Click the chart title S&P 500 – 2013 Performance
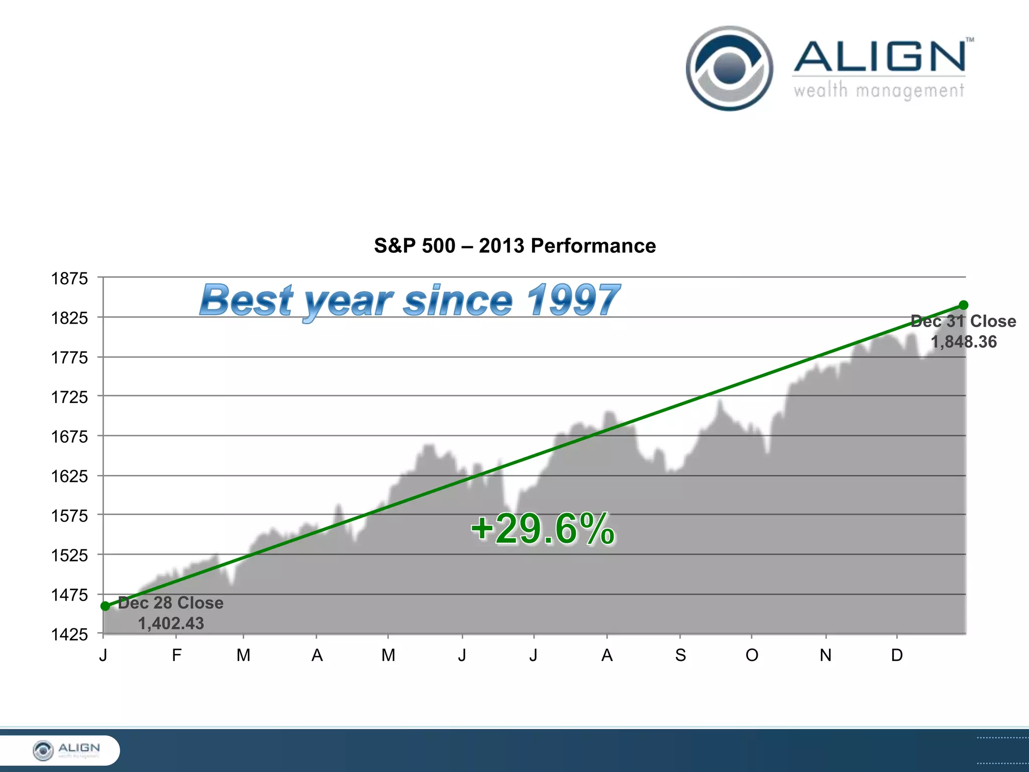click(514, 246)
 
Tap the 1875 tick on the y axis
click(69, 278)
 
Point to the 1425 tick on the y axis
click(69, 634)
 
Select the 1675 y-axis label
click(69, 437)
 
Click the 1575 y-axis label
click(69, 516)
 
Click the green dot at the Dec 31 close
click(963, 305)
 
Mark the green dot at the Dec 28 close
click(106, 606)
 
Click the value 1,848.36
click(963, 342)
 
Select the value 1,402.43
click(171, 623)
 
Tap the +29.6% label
click(543, 529)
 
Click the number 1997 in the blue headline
click(573, 300)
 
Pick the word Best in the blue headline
click(246, 300)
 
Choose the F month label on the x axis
click(176, 655)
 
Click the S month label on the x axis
click(680, 655)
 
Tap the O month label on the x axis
click(752, 655)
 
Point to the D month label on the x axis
click(897, 655)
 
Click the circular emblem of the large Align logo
click(729, 68)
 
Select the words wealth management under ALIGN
click(878, 91)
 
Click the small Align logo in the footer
click(65, 750)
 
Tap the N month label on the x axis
click(826, 655)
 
